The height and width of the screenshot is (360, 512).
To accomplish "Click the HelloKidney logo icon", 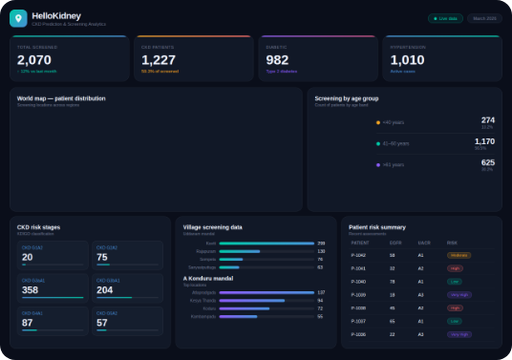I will click(x=18, y=17).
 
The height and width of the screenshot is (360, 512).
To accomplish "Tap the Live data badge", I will click(x=445, y=18).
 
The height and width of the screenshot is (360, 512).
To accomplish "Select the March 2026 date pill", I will click(x=483, y=18).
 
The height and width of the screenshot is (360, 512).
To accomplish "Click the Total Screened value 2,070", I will click(x=33, y=59).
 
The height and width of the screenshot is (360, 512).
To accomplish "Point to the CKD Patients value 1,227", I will click(x=159, y=59).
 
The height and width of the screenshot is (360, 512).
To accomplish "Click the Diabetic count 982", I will click(x=277, y=59).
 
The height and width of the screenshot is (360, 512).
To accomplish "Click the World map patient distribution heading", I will click(x=61, y=98).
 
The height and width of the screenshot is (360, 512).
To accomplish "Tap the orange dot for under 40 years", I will click(x=378, y=122).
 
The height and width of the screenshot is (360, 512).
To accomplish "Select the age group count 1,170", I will click(x=484, y=141).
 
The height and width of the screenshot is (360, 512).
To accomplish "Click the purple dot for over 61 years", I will click(x=378, y=164).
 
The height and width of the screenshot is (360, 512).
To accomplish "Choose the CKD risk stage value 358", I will click(x=30, y=290).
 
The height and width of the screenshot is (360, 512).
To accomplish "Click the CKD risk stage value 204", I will click(x=105, y=290).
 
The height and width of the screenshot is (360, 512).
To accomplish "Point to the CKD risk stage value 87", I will click(x=28, y=323).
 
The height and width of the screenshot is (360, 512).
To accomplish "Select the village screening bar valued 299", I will click(x=267, y=244).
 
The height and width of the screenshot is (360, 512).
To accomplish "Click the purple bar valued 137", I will click(x=267, y=292).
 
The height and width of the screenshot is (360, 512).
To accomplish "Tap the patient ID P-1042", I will click(x=359, y=255).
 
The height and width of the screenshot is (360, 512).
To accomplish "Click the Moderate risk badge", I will click(x=459, y=255).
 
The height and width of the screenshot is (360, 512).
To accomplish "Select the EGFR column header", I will click(x=395, y=243).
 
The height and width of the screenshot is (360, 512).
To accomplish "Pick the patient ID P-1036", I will click(x=359, y=334).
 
